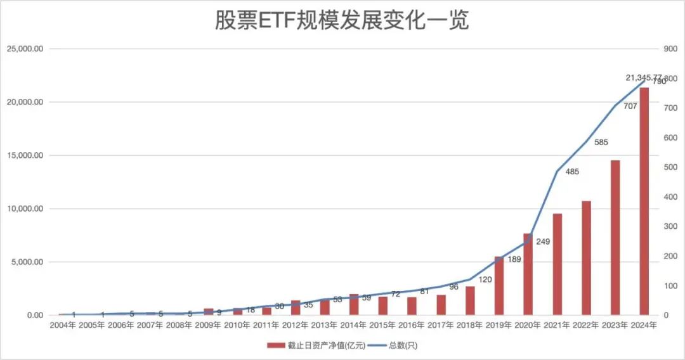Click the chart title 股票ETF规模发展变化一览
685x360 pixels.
[342, 20]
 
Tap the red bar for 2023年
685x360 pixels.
[615, 238]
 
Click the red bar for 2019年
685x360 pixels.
[499, 286]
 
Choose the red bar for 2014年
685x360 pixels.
[354, 305]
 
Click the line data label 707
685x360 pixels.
[630, 106]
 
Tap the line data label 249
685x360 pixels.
[543, 241]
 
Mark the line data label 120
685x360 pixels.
[485, 280]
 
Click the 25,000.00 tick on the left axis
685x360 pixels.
[25, 49]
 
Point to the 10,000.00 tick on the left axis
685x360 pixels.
[25, 209]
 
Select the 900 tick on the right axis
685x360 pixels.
[670, 49]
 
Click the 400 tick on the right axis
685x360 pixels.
[670, 197]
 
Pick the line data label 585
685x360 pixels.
[601, 143]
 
